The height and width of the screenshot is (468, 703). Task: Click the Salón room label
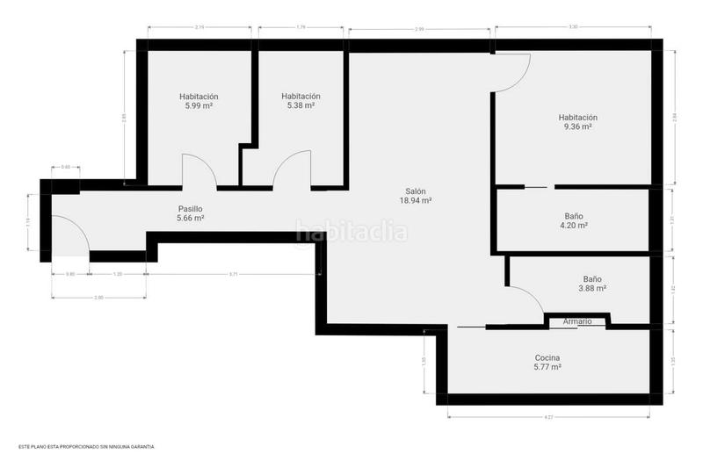coord(417,191)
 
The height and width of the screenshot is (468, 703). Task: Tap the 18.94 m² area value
coord(417,200)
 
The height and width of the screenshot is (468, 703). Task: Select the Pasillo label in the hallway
coord(190,208)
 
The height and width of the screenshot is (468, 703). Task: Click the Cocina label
coord(547,357)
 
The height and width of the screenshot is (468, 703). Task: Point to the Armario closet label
coord(577,322)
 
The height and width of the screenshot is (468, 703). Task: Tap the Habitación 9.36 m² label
coord(577,118)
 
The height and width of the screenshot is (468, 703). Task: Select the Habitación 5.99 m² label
coord(199,97)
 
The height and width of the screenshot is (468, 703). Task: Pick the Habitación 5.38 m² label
coord(301,97)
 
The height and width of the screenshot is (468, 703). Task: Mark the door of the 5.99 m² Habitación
coord(199,171)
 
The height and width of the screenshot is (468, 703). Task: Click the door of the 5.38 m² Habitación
coord(292,169)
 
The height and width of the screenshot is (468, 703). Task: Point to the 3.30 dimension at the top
coord(573,27)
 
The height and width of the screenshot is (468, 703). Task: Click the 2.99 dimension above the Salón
coord(419,30)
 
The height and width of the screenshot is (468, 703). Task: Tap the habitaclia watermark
coord(351,232)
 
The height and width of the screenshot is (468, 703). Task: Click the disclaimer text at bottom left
coord(86,447)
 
